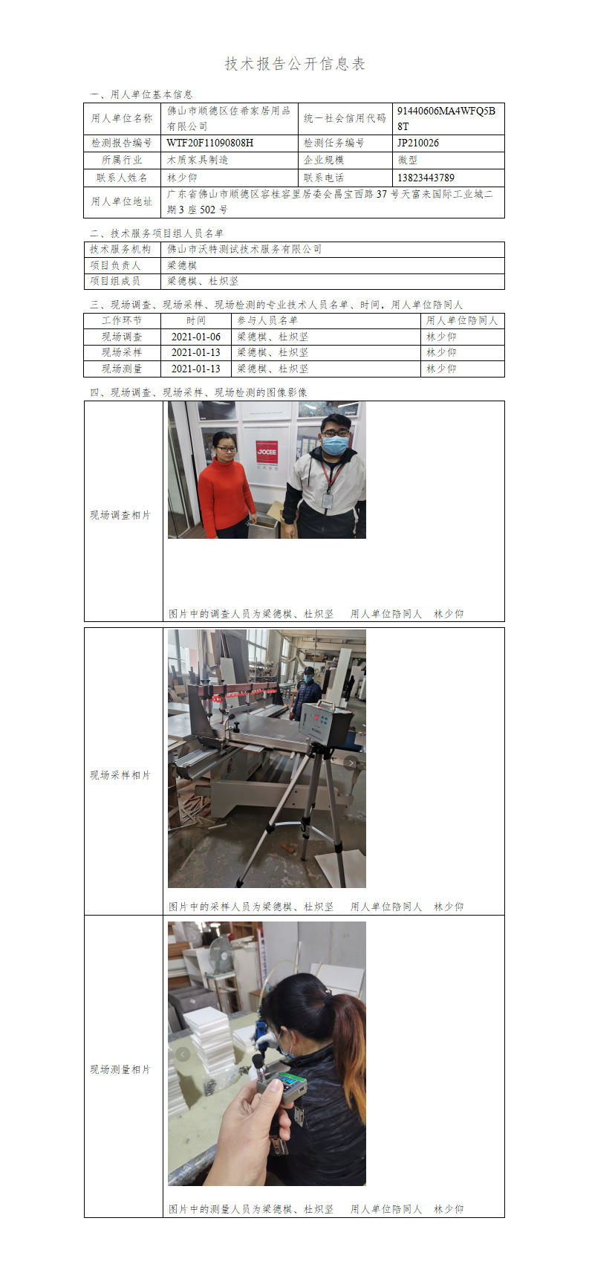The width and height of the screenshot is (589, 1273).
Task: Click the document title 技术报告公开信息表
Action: tap(295, 64)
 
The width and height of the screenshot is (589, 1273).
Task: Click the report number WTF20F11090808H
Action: tap(210, 143)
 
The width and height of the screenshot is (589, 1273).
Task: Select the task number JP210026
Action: tap(418, 143)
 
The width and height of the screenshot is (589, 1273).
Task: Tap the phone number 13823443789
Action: tap(426, 178)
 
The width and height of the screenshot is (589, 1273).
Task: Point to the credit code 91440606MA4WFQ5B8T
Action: tap(446, 118)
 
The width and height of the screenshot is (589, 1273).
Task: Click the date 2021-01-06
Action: tap(196, 337)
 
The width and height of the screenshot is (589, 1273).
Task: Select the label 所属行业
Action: tap(122, 161)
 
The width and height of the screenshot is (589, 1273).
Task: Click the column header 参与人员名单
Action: tap(267, 320)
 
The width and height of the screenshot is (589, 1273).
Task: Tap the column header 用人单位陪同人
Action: tap(462, 320)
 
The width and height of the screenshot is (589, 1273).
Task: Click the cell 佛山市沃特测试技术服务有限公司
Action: tap(244, 249)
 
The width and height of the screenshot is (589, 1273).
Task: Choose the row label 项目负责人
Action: tap(114, 265)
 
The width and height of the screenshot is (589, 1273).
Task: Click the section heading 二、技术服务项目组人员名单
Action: tap(157, 233)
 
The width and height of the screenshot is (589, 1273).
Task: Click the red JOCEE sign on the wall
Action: tap(267, 453)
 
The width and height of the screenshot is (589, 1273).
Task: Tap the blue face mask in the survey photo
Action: tap(335, 443)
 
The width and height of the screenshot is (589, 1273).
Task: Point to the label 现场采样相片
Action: tap(120, 775)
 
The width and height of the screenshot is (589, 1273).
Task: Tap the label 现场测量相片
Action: tap(120, 1069)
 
